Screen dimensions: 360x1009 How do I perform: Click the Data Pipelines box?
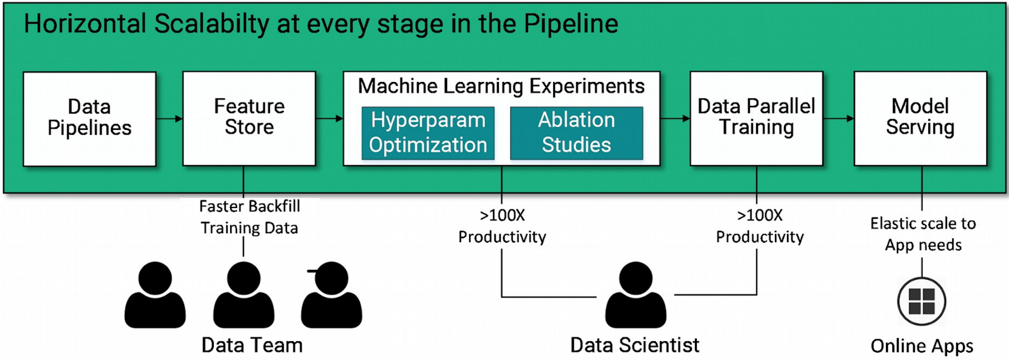pos(90,119)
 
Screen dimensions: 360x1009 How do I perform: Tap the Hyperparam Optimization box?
pos(428,133)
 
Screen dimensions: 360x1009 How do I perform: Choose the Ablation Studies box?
pos(576,133)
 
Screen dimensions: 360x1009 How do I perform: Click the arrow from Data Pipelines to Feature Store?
pos(169,119)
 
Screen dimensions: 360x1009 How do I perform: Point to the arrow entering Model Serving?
pos(838,119)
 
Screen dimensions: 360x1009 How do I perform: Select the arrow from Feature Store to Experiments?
pos(329,119)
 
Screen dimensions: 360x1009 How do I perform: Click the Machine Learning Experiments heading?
pos(501,86)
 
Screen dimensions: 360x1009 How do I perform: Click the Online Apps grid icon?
pos(921,301)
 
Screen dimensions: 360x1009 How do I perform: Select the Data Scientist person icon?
pos(636,295)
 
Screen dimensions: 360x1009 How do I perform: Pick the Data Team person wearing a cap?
pos(332,295)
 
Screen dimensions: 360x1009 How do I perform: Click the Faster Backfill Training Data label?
pos(250,217)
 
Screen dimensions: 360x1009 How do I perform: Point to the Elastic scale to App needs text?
pos(923,234)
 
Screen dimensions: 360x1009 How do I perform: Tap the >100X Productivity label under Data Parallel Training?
pos(760,226)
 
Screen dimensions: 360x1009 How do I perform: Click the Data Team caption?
pos(252,345)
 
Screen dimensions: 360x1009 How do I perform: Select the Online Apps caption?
pos(922,345)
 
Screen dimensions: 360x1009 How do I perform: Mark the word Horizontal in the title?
pos(85,24)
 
